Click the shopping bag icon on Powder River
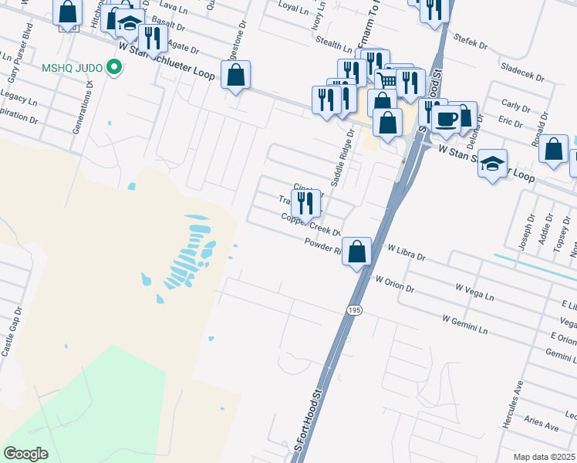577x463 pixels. click(356, 252)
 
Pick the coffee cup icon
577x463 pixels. click(446, 118)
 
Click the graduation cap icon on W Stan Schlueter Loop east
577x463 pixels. click(492, 164)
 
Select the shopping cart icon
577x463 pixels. click(389, 79)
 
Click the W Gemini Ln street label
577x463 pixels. click(465, 324)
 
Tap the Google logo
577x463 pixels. click(25, 454)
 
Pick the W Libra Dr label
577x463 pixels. click(407, 252)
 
